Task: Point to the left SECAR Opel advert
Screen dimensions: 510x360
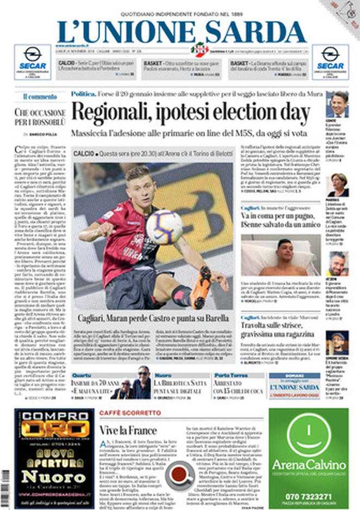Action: (x=33, y=62)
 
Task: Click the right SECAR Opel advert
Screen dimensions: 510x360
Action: (x=330, y=62)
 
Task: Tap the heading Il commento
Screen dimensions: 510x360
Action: (x=40, y=96)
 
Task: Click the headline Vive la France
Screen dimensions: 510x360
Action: (x=128, y=430)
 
